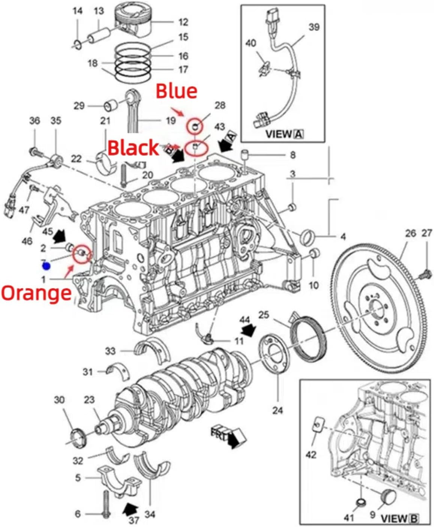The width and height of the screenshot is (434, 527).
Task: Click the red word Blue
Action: pos(176,91)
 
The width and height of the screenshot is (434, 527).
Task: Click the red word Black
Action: pos(133,147)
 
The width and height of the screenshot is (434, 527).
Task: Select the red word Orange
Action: pos(36,293)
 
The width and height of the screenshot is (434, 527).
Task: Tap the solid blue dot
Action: pos(46,266)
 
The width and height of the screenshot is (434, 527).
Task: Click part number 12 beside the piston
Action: pos(183,22)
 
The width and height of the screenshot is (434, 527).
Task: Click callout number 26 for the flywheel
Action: pos(410,233)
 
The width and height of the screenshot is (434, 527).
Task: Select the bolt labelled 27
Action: pos(426,273)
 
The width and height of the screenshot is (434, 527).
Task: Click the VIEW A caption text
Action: pos(284,134)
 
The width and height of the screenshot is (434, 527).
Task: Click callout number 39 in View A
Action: pos(314,27)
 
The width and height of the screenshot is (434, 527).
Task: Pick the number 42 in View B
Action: pos(311,455)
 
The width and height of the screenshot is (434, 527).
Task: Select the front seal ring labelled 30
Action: pos(78,438)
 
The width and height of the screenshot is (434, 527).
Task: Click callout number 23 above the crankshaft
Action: pos(89,400)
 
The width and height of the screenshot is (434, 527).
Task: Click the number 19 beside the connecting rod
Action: pos(171,120)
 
